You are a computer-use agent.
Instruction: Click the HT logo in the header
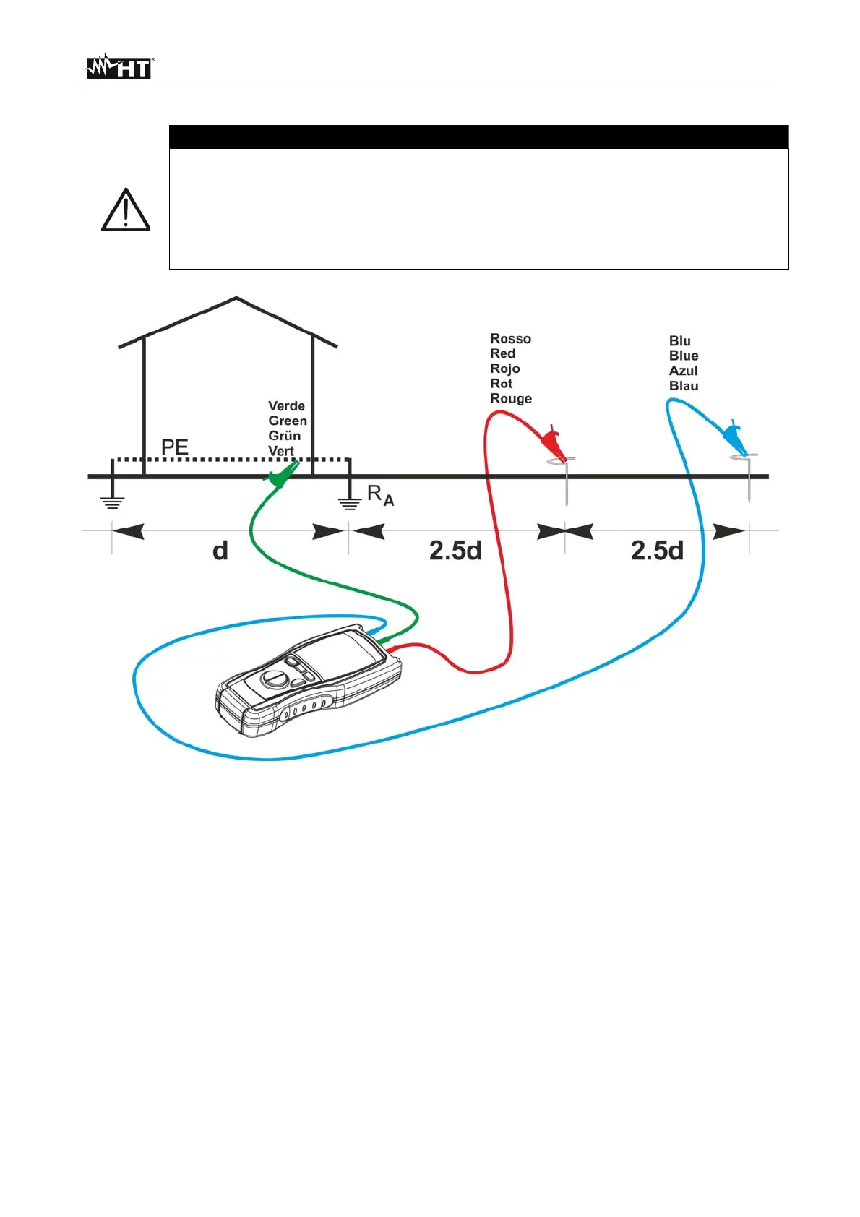pos(119,67)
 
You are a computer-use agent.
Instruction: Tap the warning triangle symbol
pos(125,210)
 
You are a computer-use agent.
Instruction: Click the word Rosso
pos(510,339)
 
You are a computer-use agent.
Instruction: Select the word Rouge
pos(510,399)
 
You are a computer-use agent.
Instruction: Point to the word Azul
pos(683,371)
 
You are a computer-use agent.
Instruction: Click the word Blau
pos(683,386)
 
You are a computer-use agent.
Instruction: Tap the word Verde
pos(286,406)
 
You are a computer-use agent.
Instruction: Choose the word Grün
pos(284,436)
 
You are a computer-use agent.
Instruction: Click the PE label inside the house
pos(174,447)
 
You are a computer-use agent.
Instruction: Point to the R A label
pos(380,495)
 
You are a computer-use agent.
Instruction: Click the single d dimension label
pos(220,551)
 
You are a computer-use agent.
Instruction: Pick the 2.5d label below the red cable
pos(455,551)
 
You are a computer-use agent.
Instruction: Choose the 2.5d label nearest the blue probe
pos(657,551)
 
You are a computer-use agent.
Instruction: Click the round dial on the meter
pos(274,679)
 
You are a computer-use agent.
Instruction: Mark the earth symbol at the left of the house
pos(112,502)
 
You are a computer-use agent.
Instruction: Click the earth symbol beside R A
pos(350,502)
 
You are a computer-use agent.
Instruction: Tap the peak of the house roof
pos(236,298)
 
